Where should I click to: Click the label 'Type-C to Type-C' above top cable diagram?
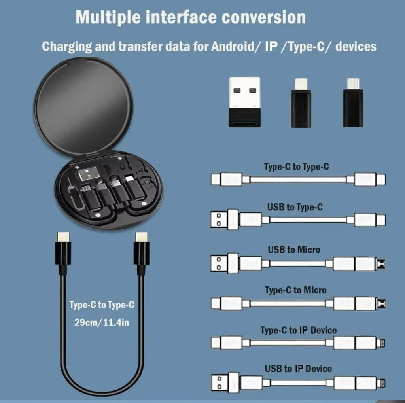click(x=296, y=166)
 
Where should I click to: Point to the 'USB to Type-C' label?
click(x=295, y=207)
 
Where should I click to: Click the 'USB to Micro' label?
click(x=294, y=250)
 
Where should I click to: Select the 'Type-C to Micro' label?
click(x=295, y=290)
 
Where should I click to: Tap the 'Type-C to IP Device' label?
click(x=298, y=330)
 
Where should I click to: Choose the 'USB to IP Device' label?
click(x=298, y=369)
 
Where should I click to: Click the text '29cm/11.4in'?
click(x=102, y=322)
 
